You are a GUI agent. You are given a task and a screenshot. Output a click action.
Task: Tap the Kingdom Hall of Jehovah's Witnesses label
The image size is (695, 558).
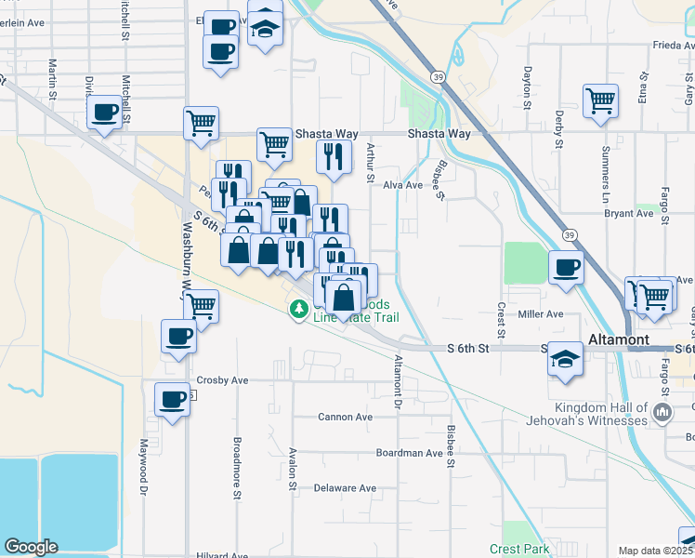pyautogui.click(x=613, y=415)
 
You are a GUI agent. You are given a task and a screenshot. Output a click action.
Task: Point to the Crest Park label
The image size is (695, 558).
pyautogui.click(x=519, y=550)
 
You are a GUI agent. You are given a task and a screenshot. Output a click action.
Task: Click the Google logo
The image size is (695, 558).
pyautogui.click(x=30, y=547)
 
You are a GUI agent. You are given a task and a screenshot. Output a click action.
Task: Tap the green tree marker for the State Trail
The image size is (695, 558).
pyautogui.click(x=299, y=309)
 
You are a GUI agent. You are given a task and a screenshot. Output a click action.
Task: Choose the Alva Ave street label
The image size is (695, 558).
pyautogui.click(x=403, y=185)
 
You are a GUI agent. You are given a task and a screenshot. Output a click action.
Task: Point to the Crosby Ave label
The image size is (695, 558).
pyautogui.click(x=222, y=380)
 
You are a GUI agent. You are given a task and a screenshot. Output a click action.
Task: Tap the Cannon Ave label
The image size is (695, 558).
pyautogui.click(x=345, y=417)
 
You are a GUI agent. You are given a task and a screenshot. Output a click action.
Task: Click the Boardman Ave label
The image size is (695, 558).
pyautogui.click(x=409, y=453)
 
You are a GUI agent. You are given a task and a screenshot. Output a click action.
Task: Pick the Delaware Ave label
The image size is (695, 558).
pyautogui.click(x=345, y=487)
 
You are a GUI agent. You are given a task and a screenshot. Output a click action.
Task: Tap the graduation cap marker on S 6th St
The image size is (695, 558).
pyautogui.click(x=564, y=358)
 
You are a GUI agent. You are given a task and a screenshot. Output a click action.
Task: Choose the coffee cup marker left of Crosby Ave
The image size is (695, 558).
pyautogui.click(x=172, y=399)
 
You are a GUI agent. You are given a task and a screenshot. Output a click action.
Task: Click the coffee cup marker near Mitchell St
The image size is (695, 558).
pyautogui.click(x=104, y=113)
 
